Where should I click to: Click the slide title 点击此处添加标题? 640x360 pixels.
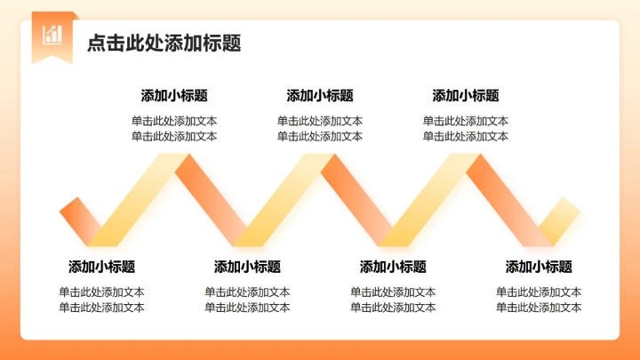[x=164, y=44]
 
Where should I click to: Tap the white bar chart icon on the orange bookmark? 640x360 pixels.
[x=52, y=34]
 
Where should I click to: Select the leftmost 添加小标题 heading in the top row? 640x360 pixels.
[x=174, y=96]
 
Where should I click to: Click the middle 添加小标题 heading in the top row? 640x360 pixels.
[x=320, y=96]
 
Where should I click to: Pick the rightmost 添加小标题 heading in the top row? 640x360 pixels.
[x=466, y=96]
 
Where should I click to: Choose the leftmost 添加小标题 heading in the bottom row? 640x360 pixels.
[x=102, y=267]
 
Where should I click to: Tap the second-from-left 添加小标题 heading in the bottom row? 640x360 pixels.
[x=247, y=267]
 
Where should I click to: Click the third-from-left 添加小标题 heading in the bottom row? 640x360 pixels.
[x=393, y=267]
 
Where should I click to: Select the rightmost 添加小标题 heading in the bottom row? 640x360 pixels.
[x=539, y=267]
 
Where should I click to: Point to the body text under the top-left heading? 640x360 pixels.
[x=174, y=129]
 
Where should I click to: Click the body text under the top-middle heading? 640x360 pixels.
[x=320, y=129]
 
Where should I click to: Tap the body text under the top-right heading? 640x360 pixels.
[x=466, y=129]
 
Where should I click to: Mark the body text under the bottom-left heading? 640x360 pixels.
[x=102, y=300]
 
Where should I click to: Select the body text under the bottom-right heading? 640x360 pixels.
[x=539, y=300]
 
